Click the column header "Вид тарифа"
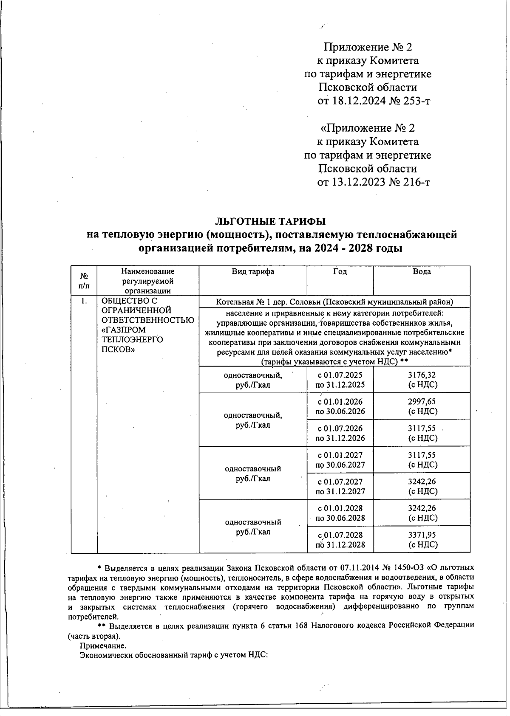pyautogui.click(x=252, y=272)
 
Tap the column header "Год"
pyautogui.click(x=340, y=272)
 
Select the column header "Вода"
pyautogui.click(x=422, y=272)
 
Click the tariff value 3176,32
pyautogui.click(x=422, y=375)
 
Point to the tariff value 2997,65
pyautogui.click(x=422, y=402)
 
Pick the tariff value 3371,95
pyautogui.click(x=422, y=535)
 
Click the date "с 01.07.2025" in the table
pyautogui.click(x=340, y=375)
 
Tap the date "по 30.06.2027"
pyautogui.click(x=340, y=465)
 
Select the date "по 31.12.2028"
pyautogui.click(x=340, y=545)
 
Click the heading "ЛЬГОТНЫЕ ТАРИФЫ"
pyautogui.click(x=271, y=221)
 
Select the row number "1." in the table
pyautogui.click(x=84, y=301)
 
